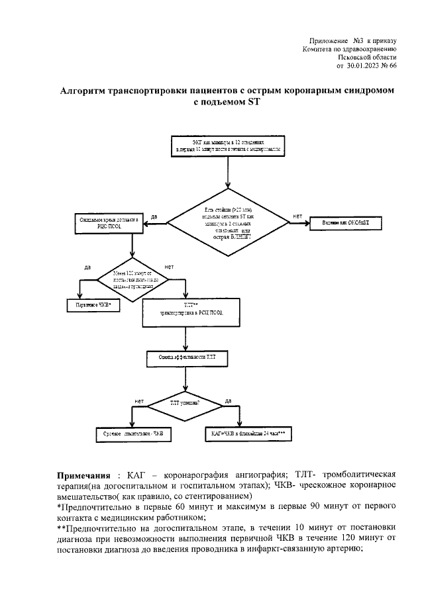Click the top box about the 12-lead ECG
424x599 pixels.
click(229, 146)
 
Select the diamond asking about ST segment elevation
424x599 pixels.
click(229, 222)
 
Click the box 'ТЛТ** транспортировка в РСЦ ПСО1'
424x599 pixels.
click(186, 312)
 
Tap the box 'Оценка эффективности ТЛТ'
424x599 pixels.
click(186, 357)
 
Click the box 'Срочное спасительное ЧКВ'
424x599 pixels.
click(132, 434)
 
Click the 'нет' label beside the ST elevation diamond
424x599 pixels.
click(297, 216)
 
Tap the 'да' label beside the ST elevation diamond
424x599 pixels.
click(154, 216)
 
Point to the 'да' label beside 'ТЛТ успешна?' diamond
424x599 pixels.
click(228, 400)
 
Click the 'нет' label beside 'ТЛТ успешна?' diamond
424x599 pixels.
click(139, 400)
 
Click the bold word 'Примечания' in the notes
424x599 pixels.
click(82, 475)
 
